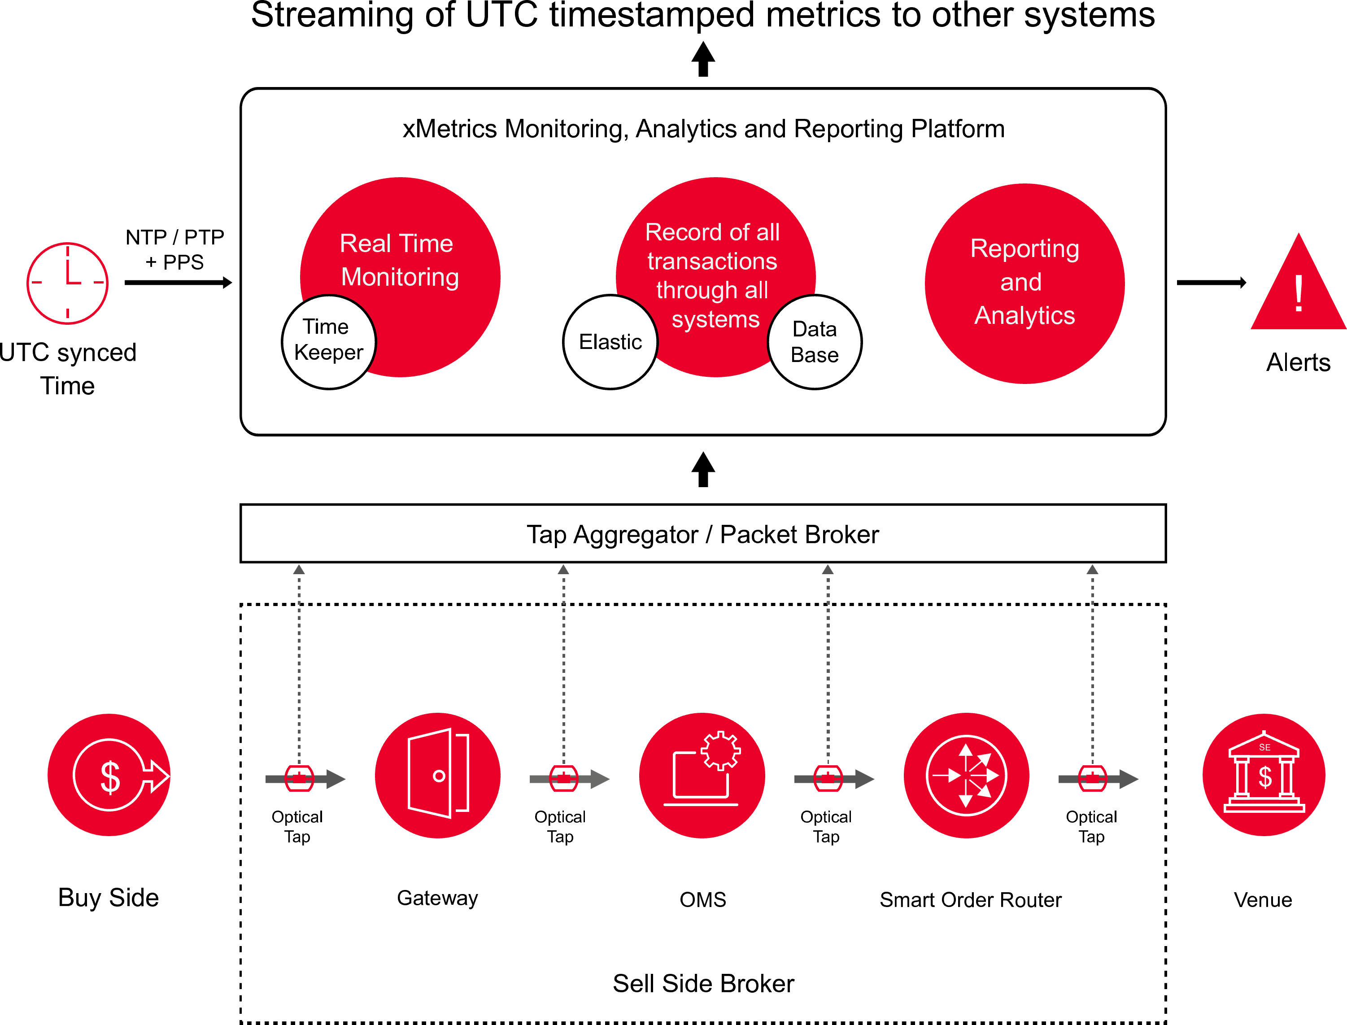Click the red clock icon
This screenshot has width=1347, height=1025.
coord(67,283)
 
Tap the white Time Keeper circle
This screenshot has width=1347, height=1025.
coord(329,341)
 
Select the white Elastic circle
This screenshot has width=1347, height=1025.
coord(610,342)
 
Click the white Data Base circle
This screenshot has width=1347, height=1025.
coord(815,342)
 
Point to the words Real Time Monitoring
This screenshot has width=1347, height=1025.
coord(399,261)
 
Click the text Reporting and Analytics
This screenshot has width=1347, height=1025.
coord(1024,282)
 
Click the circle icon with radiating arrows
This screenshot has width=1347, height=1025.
coord(966,775)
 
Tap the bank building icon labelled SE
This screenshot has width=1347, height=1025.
coord(1264,775)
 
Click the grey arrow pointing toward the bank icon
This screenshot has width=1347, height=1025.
coord(1128,779)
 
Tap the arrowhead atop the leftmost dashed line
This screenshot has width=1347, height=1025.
coord(299,569)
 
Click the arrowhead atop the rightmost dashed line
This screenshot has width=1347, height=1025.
coord(1092,569)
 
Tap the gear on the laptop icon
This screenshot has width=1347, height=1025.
coord(721,750)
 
